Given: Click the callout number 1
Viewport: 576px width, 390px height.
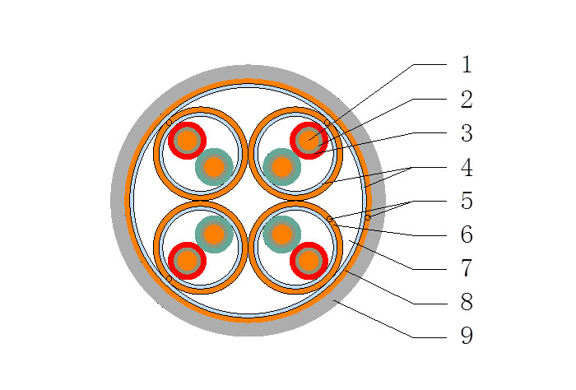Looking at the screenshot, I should [467, 65].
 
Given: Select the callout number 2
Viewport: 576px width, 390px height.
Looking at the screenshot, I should [467, 100].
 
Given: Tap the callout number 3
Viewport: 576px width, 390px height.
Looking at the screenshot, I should [467, 134].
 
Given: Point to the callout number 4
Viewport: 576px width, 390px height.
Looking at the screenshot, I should [467, 169].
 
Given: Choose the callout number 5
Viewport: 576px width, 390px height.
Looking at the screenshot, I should [467, 202].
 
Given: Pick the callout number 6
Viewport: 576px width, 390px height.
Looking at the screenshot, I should [467, 235].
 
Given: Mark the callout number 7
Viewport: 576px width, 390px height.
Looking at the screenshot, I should [467, 269].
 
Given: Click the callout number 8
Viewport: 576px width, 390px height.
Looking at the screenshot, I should [467, 303].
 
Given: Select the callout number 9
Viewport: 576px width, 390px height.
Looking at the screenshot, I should [467, 337].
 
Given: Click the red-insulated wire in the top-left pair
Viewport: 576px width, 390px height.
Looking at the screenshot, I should [187, 141].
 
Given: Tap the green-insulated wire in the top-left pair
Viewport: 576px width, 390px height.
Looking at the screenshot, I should [214, 167].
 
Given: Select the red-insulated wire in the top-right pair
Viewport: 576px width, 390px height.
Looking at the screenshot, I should [309, 141].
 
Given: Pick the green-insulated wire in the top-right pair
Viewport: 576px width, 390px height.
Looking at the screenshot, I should [282, 167].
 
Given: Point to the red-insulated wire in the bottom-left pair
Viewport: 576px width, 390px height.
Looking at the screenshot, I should [187, 262].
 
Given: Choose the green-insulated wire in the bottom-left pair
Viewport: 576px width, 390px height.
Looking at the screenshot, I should [214, 234].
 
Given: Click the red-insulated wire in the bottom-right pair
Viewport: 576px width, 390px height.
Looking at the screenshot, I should [309, 262].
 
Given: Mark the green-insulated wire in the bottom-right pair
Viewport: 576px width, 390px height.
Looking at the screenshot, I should [282, 234].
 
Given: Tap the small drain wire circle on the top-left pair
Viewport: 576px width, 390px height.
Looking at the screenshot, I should [170, 123].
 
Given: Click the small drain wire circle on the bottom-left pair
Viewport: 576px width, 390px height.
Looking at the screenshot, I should [170, 279].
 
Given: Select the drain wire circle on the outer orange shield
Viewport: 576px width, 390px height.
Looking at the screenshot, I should [368, 217].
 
